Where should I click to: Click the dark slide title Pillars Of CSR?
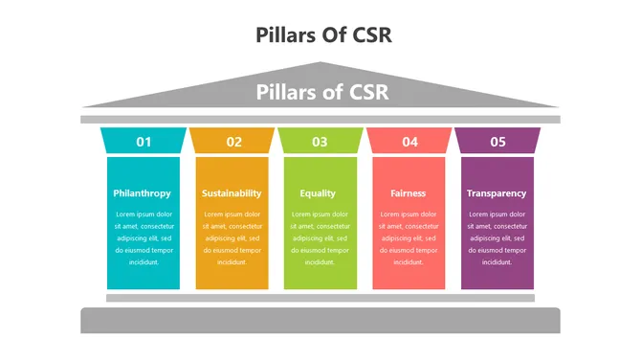pyautogui.click(x=324, y=34)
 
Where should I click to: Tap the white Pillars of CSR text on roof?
pyautogui.click(x=320, y=93)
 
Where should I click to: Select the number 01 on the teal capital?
pyautogui.click(x=144, y=142)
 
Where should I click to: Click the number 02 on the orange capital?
pyautogui.click(x=233, y=142)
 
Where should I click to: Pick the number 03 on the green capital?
pyautogui.click(x=320, y=142)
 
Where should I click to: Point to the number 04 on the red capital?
pyautogui.click(x=409, y=142)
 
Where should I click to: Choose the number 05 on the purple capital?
pyautogui.click(x=497, y=142)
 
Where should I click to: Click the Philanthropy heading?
pyautogui.click(x=142, y=193)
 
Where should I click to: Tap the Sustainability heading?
pyautogui.click(x=232, y=193)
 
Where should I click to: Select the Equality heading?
pyautogui.click(x=318, y=193)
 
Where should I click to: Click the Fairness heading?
pyautogui.click(x=408, y=193)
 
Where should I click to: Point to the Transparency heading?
pyautogui.click(x=496, y=193)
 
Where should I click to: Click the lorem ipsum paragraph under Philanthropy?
pyautogui.click(x=143, y=237)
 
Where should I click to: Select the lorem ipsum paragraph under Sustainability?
pyautogui.click(x=232, y=237)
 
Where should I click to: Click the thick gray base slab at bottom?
pyautogui.click(x=320, y=321)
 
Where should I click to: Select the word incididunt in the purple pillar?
pyautogui.click(x=496, y=261)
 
